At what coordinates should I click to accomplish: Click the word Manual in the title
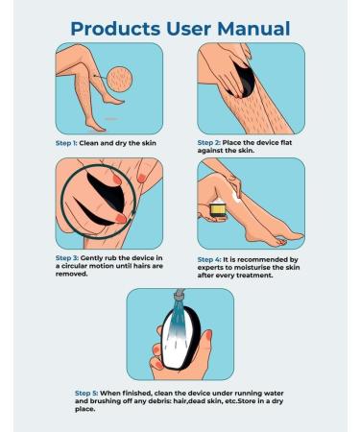pos(253,29)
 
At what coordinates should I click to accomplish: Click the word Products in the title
pos(115,29)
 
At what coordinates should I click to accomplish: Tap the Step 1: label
pos(66,143)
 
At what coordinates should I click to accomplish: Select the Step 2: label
pos(209,143)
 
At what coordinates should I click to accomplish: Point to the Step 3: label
pos(67,258)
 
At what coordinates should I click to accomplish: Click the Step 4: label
pos(209,259)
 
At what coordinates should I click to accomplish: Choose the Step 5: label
pos(86,393)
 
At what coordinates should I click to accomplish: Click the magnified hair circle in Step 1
pos(119,79)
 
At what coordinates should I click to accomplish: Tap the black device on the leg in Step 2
pos(244,80)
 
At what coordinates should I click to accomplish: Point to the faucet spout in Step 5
pos(180,294)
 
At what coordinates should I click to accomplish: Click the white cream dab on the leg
pos(235,197)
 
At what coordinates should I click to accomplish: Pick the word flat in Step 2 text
pos(286,143)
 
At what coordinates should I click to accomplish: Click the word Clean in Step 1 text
pos(89,143)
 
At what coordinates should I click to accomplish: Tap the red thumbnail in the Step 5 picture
pos(208,335)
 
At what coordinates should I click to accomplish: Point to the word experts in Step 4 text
pos(209,268)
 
